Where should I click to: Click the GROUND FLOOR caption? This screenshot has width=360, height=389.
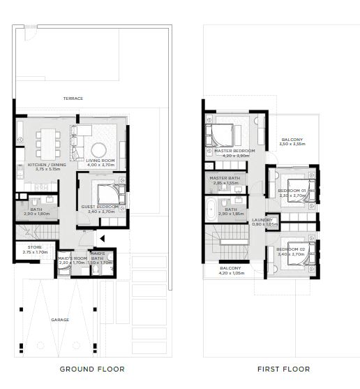91,369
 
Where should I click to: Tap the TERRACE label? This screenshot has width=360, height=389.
73,98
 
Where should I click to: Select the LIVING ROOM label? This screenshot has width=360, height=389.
100,161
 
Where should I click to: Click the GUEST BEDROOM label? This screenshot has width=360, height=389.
98,206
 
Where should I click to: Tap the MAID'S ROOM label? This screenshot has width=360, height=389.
72,258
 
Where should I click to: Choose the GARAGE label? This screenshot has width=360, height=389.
60,320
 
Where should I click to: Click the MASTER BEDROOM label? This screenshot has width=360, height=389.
234,151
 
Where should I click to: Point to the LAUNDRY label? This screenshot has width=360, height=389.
262,220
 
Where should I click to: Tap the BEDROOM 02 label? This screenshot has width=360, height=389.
290,249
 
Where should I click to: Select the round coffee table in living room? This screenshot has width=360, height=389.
98,148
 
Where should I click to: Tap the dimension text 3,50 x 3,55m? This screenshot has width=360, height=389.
292,145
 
